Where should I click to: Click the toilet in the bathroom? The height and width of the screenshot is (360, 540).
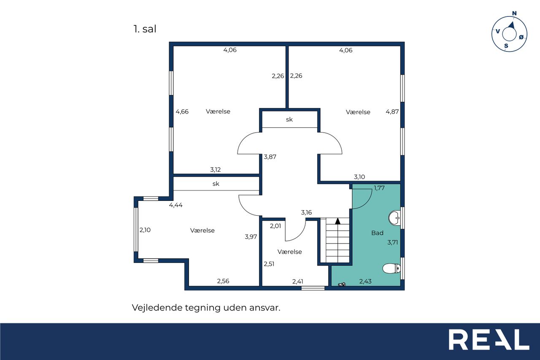(x=391, y=268)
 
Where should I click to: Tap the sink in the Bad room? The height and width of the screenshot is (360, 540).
(x=394, y=218)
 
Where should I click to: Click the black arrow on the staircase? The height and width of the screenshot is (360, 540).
(x=338, y=221)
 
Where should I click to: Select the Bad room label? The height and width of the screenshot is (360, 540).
(x=377, y=233)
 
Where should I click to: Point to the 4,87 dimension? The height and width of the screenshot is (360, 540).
(x=392, y=112)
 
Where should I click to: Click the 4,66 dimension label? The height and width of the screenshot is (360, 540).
(x=182, y=112)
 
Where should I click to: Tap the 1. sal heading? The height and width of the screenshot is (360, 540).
(x=145, y=29)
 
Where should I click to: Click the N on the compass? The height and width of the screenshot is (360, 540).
(x=514, y=13)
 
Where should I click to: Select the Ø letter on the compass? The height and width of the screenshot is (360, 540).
(x=521, y=37)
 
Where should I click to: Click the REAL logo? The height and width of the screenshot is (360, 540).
(x=489, y=339)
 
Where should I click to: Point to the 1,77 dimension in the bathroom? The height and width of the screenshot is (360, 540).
(x=379, y=188)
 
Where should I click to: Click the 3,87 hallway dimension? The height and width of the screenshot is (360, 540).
(x=270, y=157)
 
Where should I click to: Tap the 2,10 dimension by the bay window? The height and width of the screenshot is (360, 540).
(x=145, y=230)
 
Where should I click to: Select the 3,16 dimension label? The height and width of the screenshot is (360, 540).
(x=306, y=212)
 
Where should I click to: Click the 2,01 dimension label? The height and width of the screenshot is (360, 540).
(x=275, y=226)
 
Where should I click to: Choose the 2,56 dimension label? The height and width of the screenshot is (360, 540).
(x=223, y=281)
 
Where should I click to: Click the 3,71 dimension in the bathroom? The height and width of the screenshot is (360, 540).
(x=393, y=242)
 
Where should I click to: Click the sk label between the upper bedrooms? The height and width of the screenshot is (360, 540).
(x=289, y=119)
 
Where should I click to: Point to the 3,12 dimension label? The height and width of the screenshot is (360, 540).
(x=216, y=170)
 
